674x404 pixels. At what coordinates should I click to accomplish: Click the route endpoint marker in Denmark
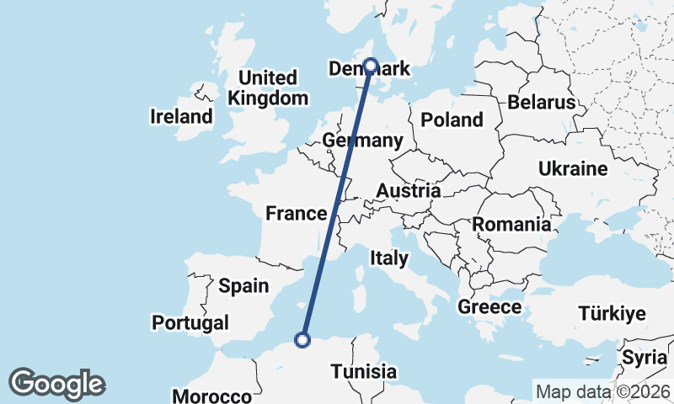point(370,64)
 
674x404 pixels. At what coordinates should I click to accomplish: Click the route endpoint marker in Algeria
point(302,340)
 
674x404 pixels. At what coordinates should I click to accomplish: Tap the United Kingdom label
point(268,88)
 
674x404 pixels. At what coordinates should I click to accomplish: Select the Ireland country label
point(181,116)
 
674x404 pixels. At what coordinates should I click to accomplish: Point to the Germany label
point(363,141)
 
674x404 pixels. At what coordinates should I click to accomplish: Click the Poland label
point(452,120)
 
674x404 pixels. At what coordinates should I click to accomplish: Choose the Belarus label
point(541,103)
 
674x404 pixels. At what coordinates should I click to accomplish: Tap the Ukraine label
point(573,168)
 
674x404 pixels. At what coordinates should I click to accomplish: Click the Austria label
point(408,191)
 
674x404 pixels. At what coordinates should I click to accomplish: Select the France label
point(296,213)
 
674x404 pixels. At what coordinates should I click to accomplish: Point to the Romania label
point(511,225)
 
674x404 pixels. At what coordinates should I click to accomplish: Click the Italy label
point(388,258)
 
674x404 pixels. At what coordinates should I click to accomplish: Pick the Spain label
point(243,286)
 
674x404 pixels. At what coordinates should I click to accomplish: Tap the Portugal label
point(190,322)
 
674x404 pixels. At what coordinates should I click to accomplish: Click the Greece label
point(489,307)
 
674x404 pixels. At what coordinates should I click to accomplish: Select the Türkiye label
point(612,314)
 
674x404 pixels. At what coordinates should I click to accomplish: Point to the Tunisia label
point(363,371)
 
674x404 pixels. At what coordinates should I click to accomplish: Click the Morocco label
point(211,396)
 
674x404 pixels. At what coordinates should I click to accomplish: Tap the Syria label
point(645,358)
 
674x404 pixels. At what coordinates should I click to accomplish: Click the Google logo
point(56,384)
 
